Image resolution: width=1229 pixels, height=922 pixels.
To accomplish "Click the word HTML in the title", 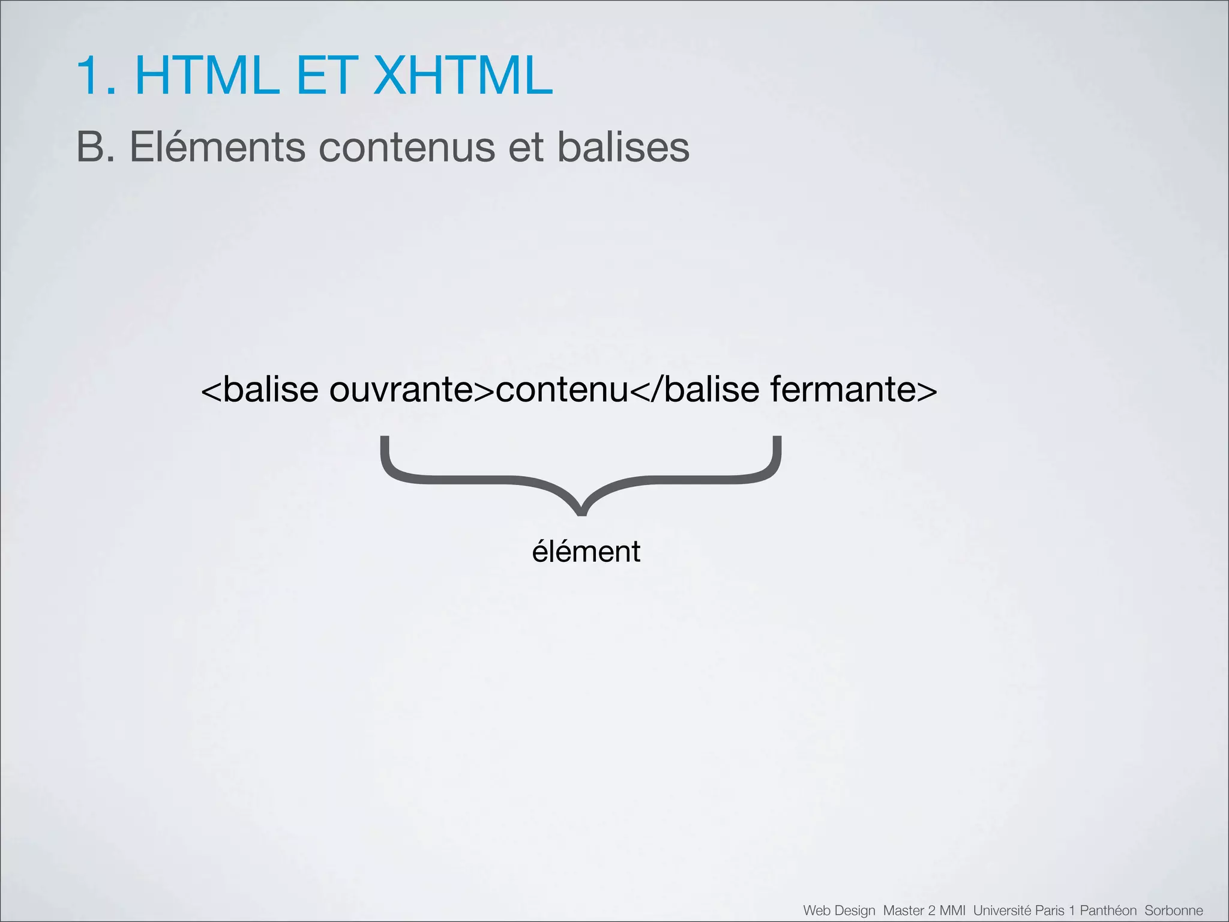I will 207,76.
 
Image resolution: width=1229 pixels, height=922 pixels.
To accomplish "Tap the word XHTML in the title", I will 462,76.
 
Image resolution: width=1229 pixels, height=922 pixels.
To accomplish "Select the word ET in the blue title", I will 325,76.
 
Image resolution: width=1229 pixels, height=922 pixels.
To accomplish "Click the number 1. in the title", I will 96,76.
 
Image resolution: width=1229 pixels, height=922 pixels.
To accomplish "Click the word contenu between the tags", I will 562,390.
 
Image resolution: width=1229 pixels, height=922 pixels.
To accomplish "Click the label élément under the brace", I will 586,552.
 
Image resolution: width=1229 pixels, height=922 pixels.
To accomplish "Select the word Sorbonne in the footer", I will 1173,911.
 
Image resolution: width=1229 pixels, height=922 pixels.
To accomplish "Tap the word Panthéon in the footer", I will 1108,911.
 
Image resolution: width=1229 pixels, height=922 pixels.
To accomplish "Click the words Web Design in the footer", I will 839,911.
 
